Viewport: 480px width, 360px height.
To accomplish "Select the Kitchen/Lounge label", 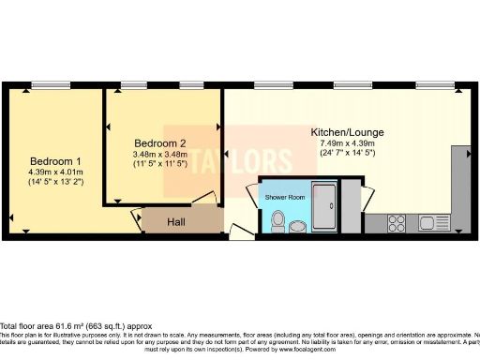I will pos(348,133).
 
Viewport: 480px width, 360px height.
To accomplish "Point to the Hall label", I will pos(176,222).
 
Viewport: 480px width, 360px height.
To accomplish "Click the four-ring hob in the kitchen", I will pos(395,224).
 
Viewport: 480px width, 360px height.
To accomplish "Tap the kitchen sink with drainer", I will pos(434,224).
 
